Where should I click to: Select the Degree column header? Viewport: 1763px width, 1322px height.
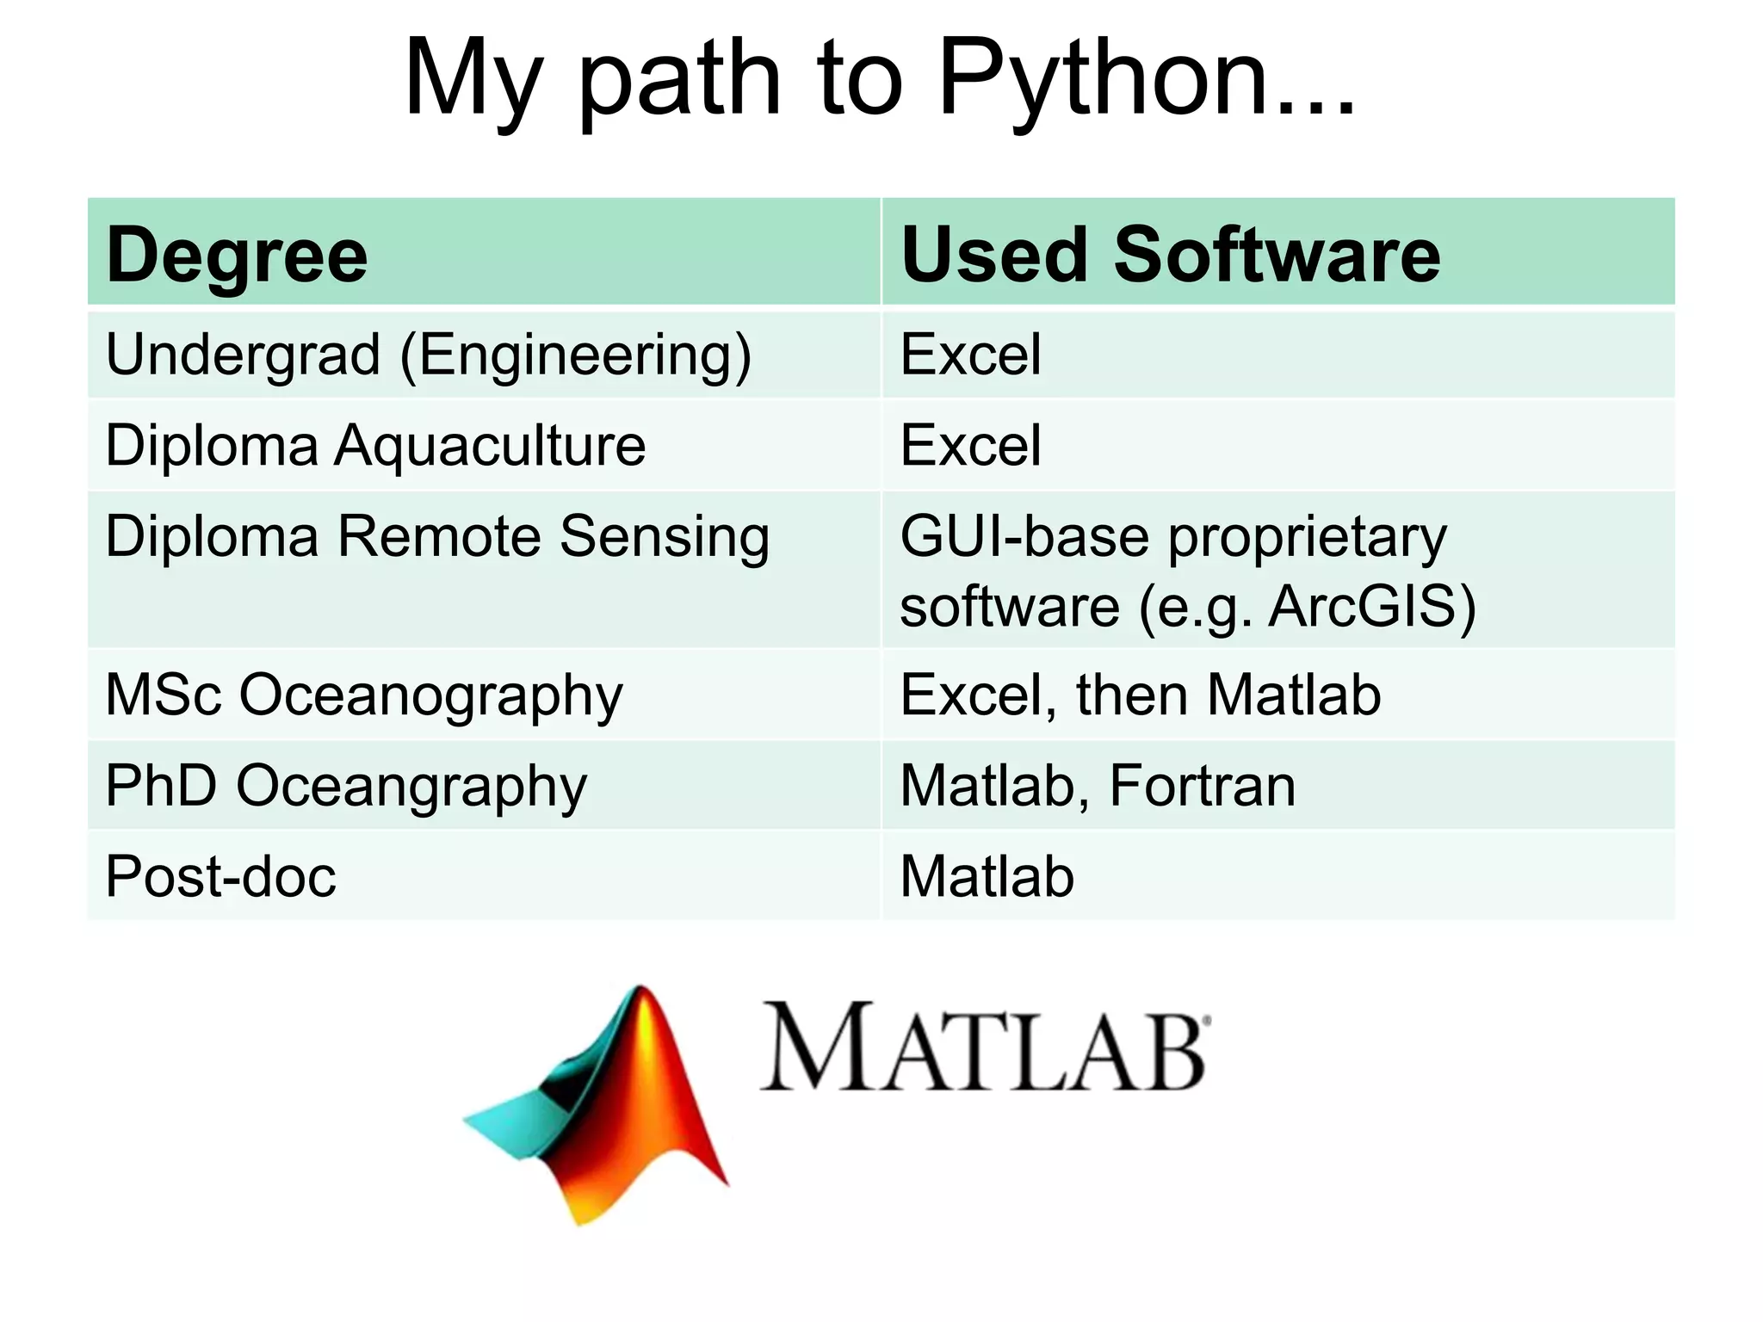[x=237, y=255]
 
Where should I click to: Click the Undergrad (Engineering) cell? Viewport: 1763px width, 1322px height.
[x=428, y=355]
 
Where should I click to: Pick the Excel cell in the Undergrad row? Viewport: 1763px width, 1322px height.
[x=970, y=355]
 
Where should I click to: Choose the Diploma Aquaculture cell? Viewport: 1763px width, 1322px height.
[x=375, y=446]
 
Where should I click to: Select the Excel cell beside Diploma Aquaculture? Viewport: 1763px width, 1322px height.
[x=970, y=446]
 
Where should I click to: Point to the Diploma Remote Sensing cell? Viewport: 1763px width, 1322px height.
[x=437, y=537]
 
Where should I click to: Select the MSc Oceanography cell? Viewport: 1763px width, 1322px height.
[x=363, y=695]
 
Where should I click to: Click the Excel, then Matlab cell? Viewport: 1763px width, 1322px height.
[x=1140, y=695]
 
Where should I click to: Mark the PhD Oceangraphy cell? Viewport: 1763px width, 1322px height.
[x=346, y=787]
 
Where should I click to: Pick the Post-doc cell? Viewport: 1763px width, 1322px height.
[x=220, y=877]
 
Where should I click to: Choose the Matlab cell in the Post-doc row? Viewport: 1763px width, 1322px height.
[x=987, y=877]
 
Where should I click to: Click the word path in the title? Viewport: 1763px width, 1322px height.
[x=680, y=79]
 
